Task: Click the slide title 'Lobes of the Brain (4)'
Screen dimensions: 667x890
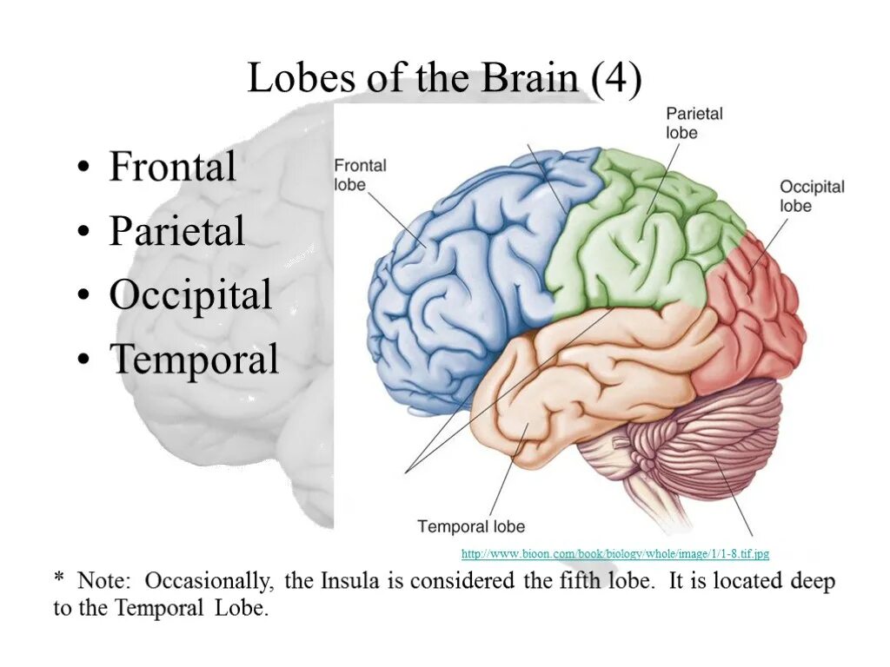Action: click(444, 79)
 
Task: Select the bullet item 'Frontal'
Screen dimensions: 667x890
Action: click(172, 167)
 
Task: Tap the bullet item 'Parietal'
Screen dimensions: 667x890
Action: click(176, 231)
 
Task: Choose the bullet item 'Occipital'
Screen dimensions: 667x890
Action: click(190, 295)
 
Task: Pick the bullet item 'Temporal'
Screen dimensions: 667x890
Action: click(193, 360)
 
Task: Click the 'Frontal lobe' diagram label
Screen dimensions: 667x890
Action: click(360, 175)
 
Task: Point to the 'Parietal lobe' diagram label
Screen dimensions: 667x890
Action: click(694, 122)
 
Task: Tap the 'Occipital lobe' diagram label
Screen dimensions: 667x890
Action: click(811, 196)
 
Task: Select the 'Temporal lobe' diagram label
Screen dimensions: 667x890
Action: click(471, 526)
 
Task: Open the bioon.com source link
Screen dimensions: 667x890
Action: click(614, 553)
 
